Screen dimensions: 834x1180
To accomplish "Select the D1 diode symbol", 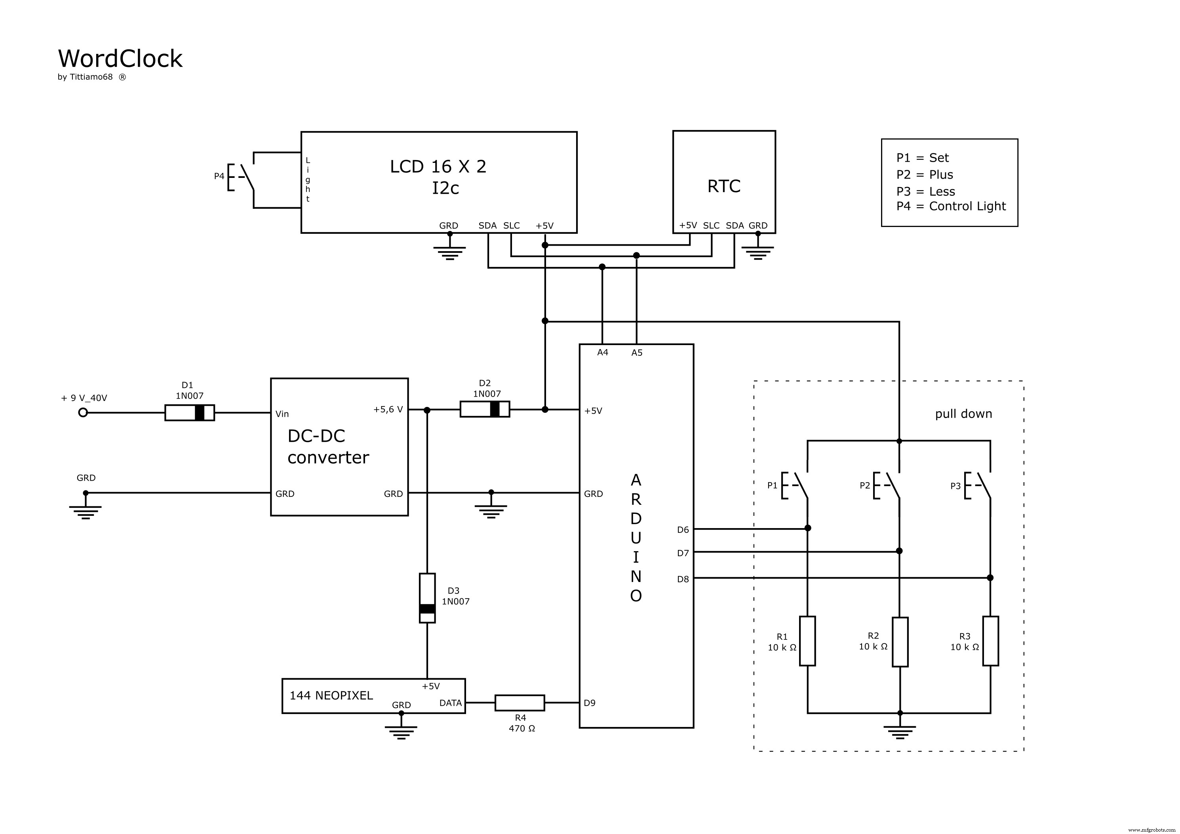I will [189, 413].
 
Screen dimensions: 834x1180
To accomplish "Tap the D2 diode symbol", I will [484, 409].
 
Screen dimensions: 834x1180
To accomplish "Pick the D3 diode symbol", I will [427, 598].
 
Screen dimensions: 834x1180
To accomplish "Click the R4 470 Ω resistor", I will [519, 702].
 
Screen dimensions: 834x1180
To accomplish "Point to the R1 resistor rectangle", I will [807, 641].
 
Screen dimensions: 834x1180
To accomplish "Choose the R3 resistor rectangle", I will [990, 641].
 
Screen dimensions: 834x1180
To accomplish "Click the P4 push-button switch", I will [242, 177].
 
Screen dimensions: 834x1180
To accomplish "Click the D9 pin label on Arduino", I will [590, 703].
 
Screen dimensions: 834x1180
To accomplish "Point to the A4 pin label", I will [602, 353].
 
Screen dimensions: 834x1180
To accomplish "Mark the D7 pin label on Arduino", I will [683, 553].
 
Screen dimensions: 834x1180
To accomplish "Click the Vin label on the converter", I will [282, 414].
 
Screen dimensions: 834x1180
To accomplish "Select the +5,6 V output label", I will [388, 410].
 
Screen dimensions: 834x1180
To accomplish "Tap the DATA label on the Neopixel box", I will [450, 703].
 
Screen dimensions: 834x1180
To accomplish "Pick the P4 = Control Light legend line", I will [951, 206].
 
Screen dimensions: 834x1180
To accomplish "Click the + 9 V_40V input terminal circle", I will [83, 412].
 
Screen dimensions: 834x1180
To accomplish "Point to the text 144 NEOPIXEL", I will [331, 696].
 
